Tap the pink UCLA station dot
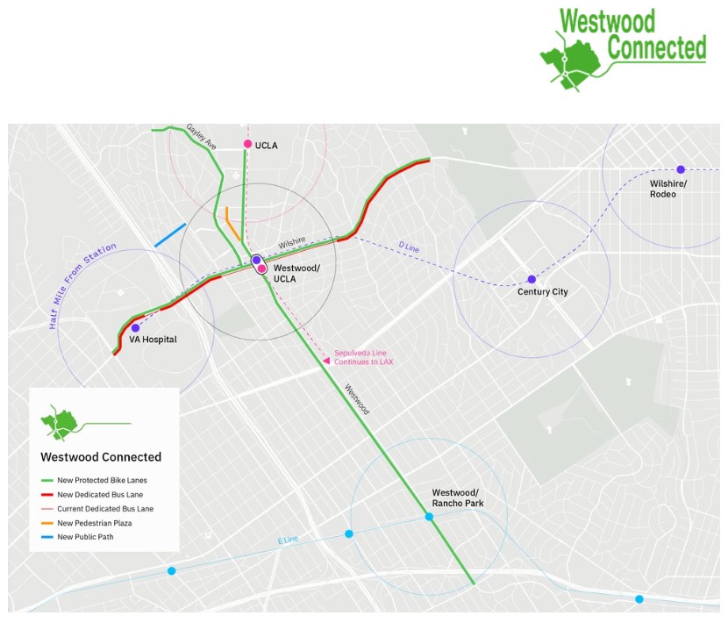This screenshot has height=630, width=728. click(x=248, y=144)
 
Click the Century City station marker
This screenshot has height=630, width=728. click(x=531, y=279)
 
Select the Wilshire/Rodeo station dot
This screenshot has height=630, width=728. click(x=680, y=169)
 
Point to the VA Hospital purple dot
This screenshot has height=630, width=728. click(x=135, y=327)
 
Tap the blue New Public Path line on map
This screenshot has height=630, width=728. click(x=169, y=234)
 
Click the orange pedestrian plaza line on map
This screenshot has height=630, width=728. click(x=232, y=224)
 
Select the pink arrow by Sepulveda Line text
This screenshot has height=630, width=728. click(x=327, y=358)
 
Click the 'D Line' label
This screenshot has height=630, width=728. click(x=410, y=249)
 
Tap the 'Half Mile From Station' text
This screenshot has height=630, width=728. click(x=82, y=287)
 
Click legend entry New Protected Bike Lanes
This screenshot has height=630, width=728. click(x=103, y=481)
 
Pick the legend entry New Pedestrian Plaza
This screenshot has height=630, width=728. click(x=99, y=523)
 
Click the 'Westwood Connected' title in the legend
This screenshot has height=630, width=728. click(x=101, y=457)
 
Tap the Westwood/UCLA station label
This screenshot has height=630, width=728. click(x=296, y=272)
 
